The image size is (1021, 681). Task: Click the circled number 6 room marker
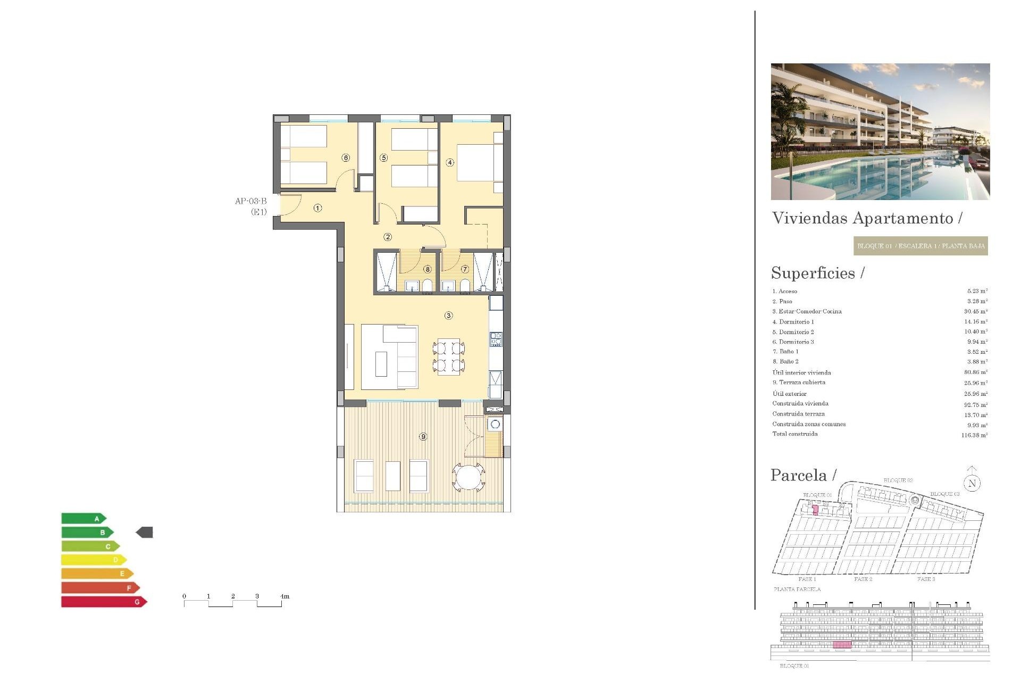346,158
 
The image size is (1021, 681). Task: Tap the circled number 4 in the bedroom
450,163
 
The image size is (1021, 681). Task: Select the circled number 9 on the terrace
423,437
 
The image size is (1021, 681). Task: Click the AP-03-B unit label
250,201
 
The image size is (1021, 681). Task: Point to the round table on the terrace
468,477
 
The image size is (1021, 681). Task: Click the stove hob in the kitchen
496,339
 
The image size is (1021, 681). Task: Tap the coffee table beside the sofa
381,364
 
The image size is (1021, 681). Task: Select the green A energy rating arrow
83,519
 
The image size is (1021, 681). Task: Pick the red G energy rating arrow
104,602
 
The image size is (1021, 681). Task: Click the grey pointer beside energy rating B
145,532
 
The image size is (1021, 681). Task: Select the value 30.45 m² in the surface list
976,312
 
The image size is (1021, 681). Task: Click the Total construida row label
795,434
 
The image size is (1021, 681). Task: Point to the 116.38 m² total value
974,435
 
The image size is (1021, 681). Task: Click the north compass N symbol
972,483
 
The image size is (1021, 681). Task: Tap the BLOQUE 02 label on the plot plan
898,480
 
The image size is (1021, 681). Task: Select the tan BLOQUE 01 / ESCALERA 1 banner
920,246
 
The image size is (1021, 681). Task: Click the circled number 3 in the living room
448,315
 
